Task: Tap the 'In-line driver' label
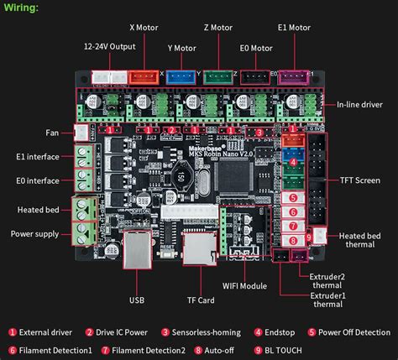tap(359, 104)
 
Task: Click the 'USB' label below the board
tap(137, 299)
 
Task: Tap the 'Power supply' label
tap(34, 234)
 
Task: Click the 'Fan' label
tap(51, 132)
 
